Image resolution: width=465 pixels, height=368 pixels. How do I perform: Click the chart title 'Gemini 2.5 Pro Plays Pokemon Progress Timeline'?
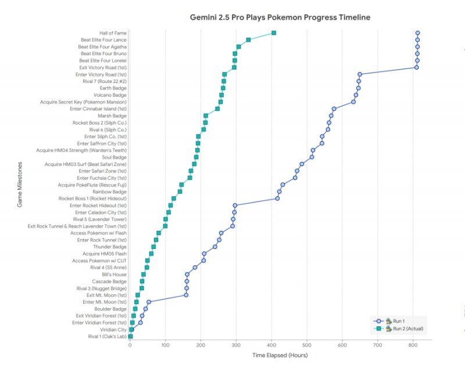point(280,17)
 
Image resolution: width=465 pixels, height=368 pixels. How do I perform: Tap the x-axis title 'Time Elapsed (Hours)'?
point(280,355)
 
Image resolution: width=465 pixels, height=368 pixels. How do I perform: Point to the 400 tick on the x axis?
point(271,345)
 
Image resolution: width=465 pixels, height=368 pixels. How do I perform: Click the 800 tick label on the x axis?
point(413,345)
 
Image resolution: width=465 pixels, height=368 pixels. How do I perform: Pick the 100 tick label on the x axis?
point(165,345)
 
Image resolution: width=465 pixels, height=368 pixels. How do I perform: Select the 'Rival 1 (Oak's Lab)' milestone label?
point(107,337)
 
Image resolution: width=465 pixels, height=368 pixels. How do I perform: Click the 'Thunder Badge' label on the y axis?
point(110,247)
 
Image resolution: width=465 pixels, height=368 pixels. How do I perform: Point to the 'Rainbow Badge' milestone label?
point(109,192)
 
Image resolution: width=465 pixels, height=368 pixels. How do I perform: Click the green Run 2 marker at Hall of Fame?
point(274,33)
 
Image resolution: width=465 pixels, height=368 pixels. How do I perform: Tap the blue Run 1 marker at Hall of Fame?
point(418,33)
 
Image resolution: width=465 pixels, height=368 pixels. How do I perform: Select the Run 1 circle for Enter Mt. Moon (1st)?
point(149,302)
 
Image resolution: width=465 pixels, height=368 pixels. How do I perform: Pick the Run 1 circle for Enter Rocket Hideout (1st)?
point(235,205)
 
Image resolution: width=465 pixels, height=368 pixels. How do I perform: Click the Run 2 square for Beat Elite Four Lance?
point(248,39)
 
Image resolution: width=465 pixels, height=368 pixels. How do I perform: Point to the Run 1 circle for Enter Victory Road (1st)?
point(360,74)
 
